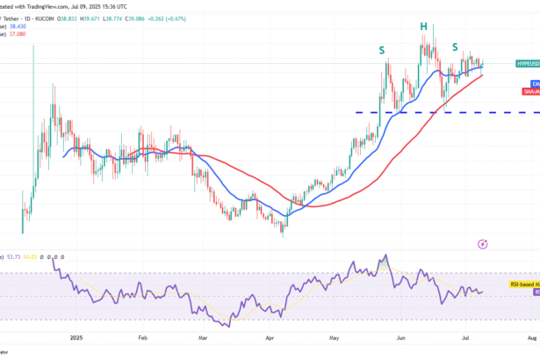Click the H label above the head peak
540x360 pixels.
pyautogui.click(x=423, y=27)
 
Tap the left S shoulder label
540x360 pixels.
pyautogui.click(x=382, y=51)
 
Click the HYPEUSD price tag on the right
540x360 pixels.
pyautogui.click(x=526, y=64)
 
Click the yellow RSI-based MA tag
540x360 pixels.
pyautogui.click(x=524, y=284)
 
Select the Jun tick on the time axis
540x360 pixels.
pyautogui.click(x=401, y=335)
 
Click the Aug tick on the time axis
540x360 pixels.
pyautogui.click(x=532, y=335)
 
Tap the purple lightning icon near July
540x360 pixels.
pyautogui.click(x=484, y=244)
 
